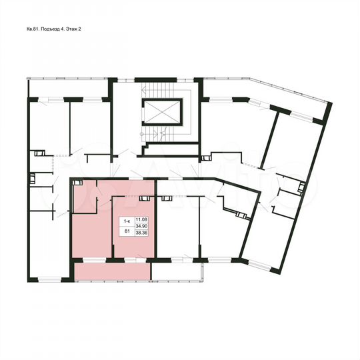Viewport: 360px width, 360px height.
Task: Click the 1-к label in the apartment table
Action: point(125,221)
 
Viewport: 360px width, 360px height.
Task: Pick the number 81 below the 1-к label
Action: point(125,231)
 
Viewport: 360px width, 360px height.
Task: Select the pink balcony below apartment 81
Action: point(111,272)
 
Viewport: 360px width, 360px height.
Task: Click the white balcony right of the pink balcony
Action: point(175,272)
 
